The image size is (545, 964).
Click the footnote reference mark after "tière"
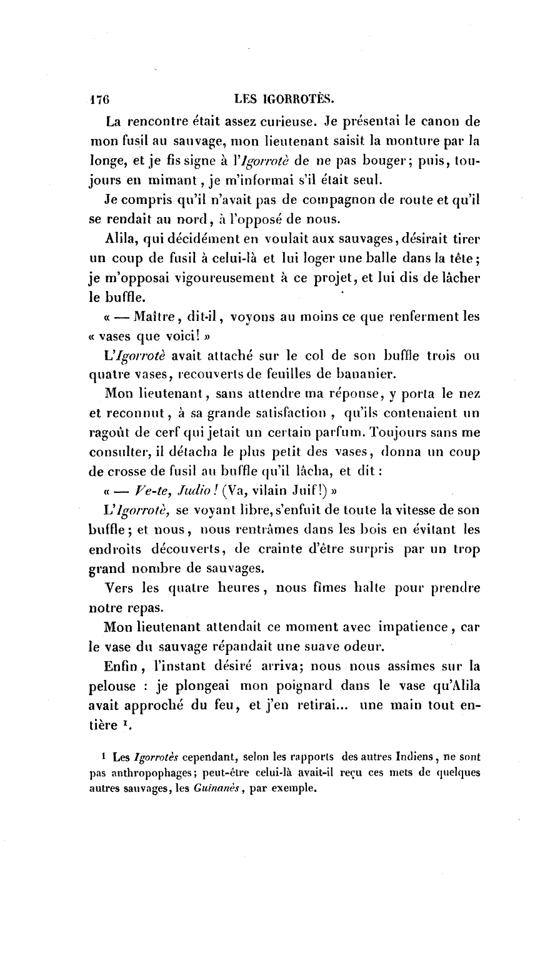(122, 723)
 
